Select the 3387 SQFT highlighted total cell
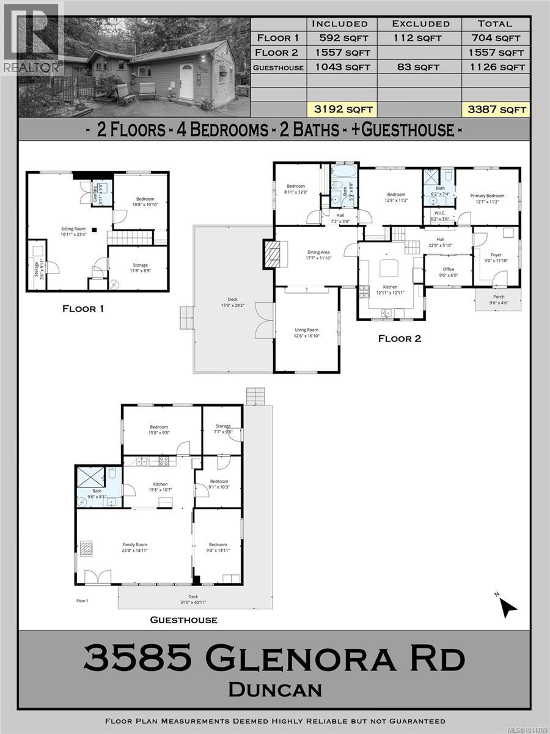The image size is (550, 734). [494, 110]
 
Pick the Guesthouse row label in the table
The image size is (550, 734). [279, 67]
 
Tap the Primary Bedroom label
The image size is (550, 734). [486, 198]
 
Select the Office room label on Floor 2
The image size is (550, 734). [449, 271]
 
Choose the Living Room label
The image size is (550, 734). [307, 332]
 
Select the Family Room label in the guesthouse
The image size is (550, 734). [134, 546]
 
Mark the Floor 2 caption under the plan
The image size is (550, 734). [400, 338]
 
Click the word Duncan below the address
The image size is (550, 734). [275, 690]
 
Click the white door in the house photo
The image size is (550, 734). [186, 81]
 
